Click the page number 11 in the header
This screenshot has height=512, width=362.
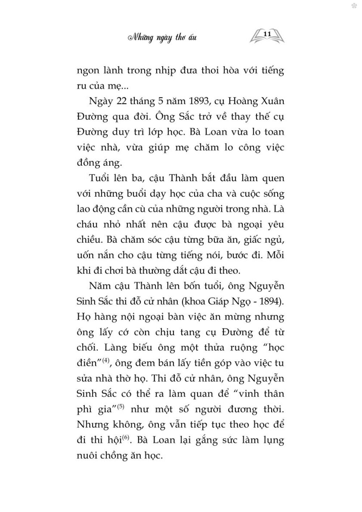point(268,34)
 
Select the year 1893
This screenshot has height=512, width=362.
point(194,101)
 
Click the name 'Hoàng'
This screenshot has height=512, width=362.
point(238,101)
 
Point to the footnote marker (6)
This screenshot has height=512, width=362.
point(125,437)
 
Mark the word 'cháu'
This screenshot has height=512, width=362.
point(87,224)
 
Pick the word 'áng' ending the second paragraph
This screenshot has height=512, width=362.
point(111,163)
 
